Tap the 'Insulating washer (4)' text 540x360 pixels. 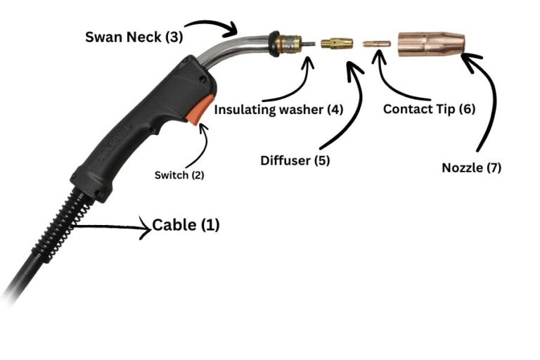click(278, 110)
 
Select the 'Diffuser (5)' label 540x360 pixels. click(295, 160)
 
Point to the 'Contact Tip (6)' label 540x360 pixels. click(429, 110)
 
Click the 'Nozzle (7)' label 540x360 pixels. click(471, 168)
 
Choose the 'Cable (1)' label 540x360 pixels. click(186, 226)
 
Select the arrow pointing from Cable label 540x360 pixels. click(112, 227)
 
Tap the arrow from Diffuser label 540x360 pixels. click(349, 105)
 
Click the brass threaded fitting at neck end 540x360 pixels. click(285, 43)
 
